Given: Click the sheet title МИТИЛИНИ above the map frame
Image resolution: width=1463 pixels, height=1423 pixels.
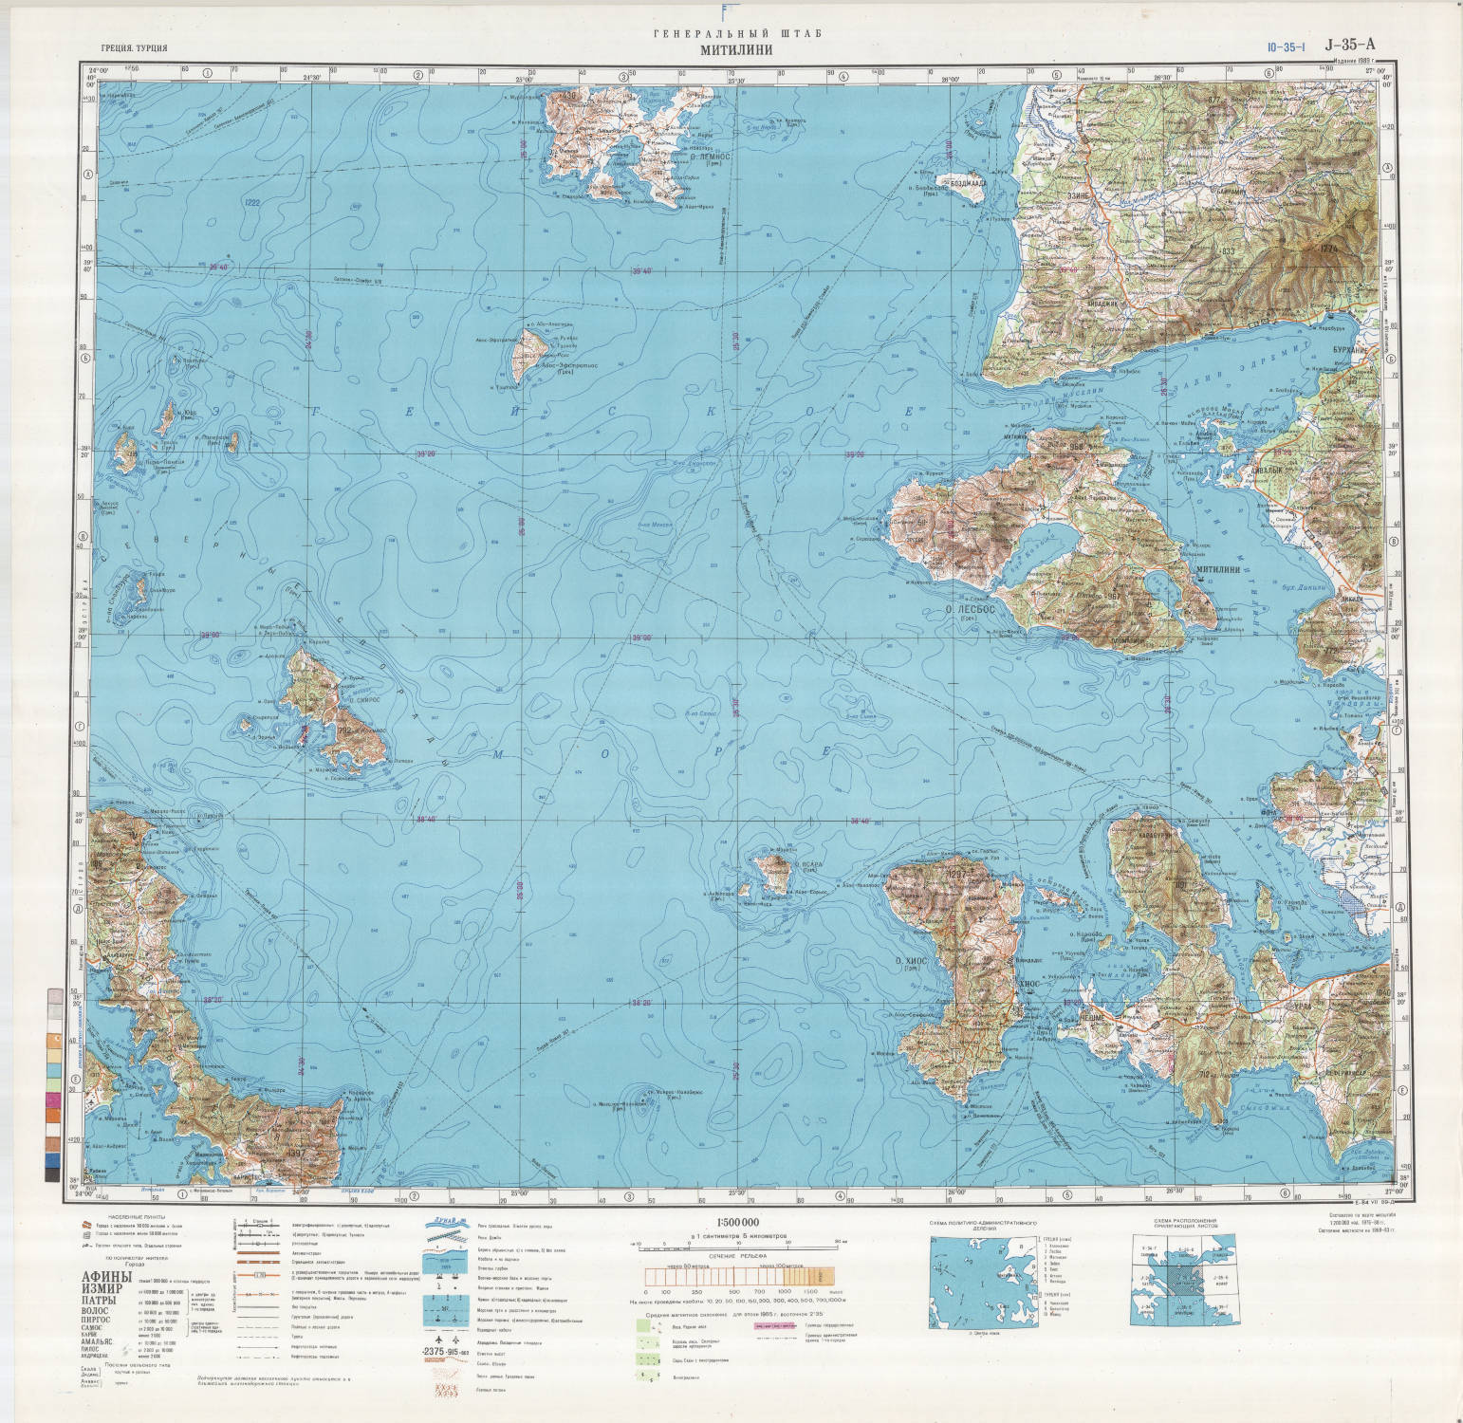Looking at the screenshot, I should point(737,51).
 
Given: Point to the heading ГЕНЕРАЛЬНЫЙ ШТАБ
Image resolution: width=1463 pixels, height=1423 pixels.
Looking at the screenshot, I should point(737,34).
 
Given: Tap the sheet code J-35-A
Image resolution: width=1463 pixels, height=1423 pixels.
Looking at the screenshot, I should point(1349,44).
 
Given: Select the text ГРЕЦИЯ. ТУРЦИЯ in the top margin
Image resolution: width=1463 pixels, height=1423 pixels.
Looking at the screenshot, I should point(136,47).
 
